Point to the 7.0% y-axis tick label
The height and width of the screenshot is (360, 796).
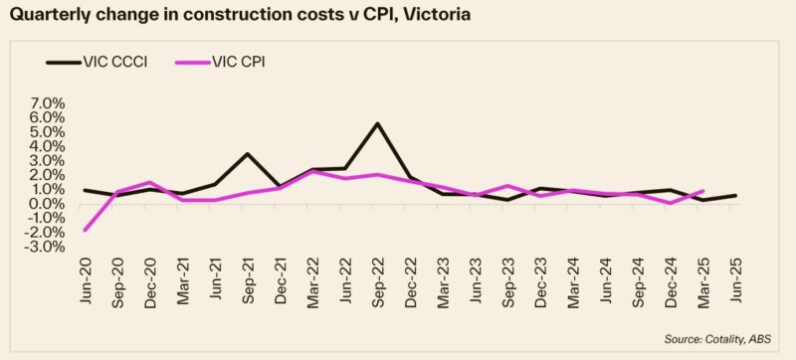pyautogui.click(x=47, y=103)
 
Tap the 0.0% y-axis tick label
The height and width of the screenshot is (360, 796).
pyautogui.click(x=47, y=204)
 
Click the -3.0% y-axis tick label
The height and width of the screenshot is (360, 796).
pyautogui.click(x=45, y=247)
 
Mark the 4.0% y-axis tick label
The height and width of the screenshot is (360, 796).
pyautogui.click(x=47, y=146)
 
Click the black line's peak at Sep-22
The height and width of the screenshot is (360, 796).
pyautogui.click(x=377, y=123)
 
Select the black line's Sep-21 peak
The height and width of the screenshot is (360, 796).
pyautogui.click(x=247, y=154)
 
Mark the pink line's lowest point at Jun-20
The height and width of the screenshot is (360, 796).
pyautogui.click(x=85, y=231)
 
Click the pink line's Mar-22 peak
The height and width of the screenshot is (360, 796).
pyautogui.click(x=312, y=171)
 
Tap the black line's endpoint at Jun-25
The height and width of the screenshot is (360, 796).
pyautogui.click(x=734, y=195)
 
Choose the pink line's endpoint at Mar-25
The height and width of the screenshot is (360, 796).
pyautogui.click(x=702, y=191)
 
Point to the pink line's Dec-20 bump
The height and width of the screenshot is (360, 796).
pyautogui.click(x=149, y=182)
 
